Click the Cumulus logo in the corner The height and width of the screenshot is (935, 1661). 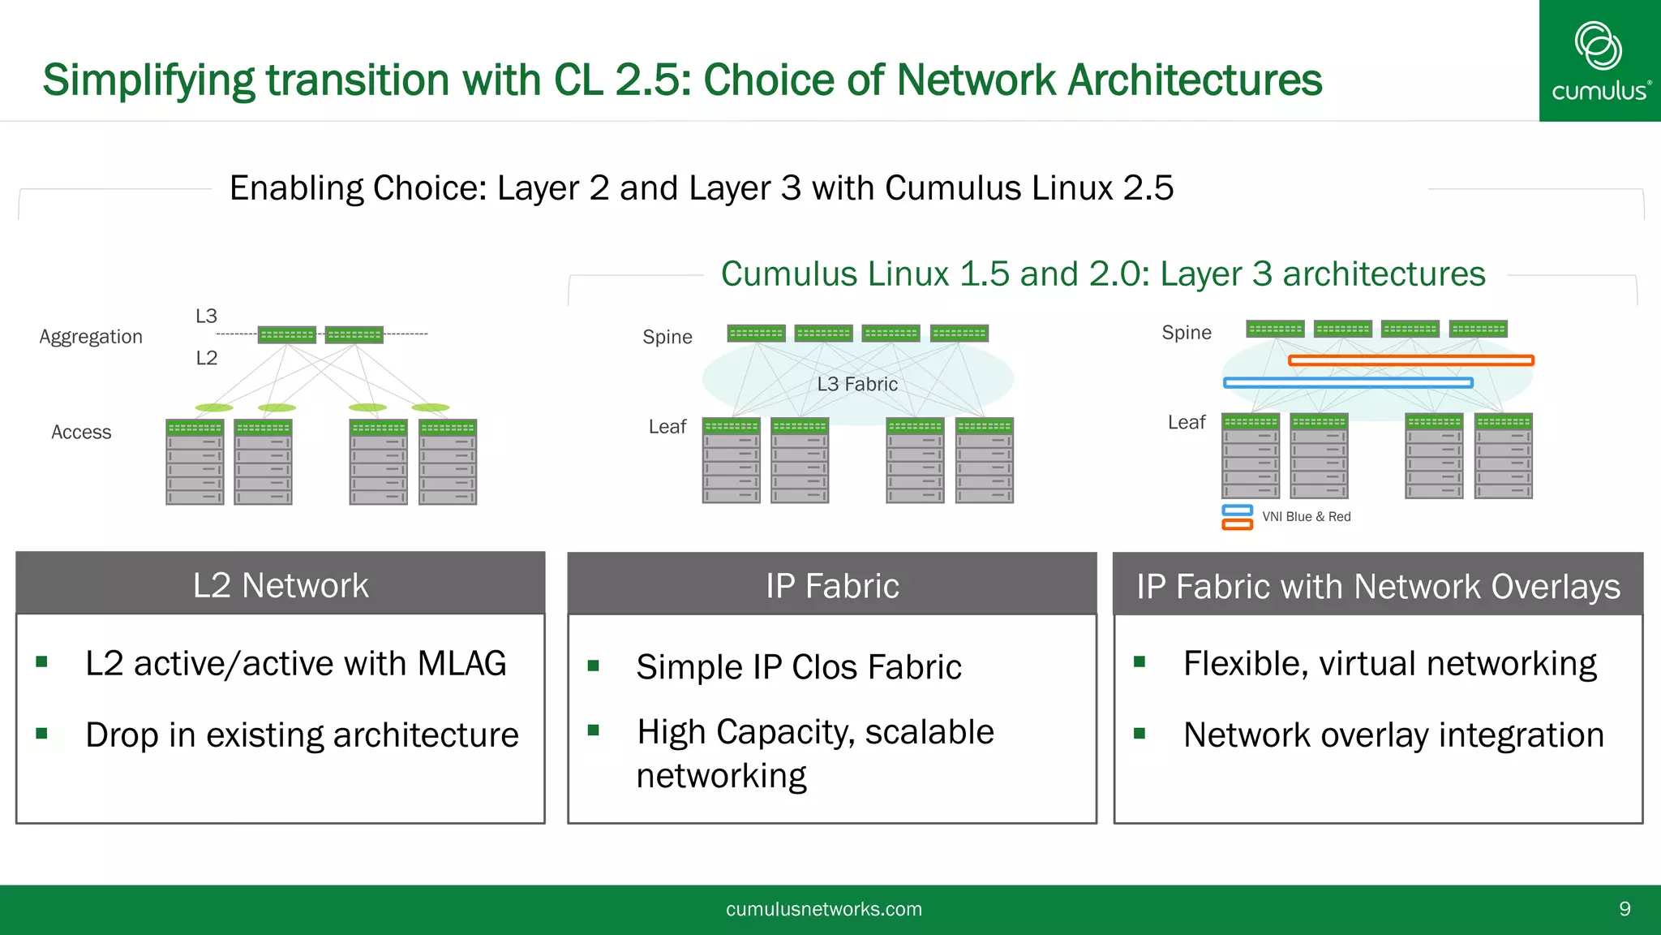1599,62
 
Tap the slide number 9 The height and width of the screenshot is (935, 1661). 1625,909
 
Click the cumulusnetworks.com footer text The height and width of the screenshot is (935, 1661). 823,909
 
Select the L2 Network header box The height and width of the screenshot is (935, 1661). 280,584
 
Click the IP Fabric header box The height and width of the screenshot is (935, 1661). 832,585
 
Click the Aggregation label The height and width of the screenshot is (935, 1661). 91,337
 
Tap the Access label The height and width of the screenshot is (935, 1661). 81,433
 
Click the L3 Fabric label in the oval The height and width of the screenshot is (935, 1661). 857,384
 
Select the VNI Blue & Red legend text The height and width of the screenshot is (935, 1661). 1306,517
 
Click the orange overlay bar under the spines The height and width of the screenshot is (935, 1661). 1410,360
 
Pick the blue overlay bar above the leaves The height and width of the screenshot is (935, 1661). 1348,382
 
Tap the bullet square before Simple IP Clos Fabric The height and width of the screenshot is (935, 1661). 594,666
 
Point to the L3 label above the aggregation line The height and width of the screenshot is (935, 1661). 206,316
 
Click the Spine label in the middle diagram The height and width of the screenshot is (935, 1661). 667,337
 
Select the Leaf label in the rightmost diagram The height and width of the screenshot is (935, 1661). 1186,422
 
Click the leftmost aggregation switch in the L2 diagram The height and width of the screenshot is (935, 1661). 286,334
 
